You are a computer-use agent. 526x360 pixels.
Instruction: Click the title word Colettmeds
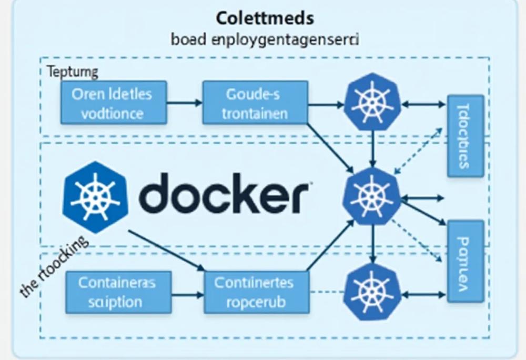click(265, 18)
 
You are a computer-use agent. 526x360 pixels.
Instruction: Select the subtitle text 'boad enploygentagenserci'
click(265, 40)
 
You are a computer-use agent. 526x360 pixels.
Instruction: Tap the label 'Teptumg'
click(73, 72)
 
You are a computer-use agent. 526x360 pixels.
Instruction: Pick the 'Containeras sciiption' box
click(118, 292)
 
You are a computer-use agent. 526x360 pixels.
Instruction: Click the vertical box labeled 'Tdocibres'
click(465, 136)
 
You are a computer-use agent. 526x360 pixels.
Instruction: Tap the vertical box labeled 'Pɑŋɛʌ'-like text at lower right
click(465, 261)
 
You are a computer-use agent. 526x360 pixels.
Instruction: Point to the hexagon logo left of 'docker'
click(95, 197)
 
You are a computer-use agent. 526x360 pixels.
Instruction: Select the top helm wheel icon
click(372, 102)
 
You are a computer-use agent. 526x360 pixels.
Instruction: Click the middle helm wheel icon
click(371, 197)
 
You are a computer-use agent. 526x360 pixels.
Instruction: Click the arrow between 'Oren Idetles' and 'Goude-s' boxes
click(184, 103)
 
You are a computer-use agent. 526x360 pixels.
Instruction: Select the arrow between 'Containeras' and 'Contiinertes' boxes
click(187, 293)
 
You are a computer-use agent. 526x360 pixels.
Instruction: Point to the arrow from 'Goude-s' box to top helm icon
click(326, 104)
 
